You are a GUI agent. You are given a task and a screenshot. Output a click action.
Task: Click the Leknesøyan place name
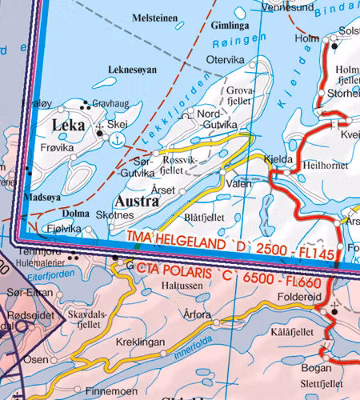coord(133,70)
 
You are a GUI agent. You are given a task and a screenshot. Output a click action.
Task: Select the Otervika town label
coord(226,59)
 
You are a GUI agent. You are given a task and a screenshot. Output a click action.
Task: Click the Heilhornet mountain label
coord(326,164)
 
